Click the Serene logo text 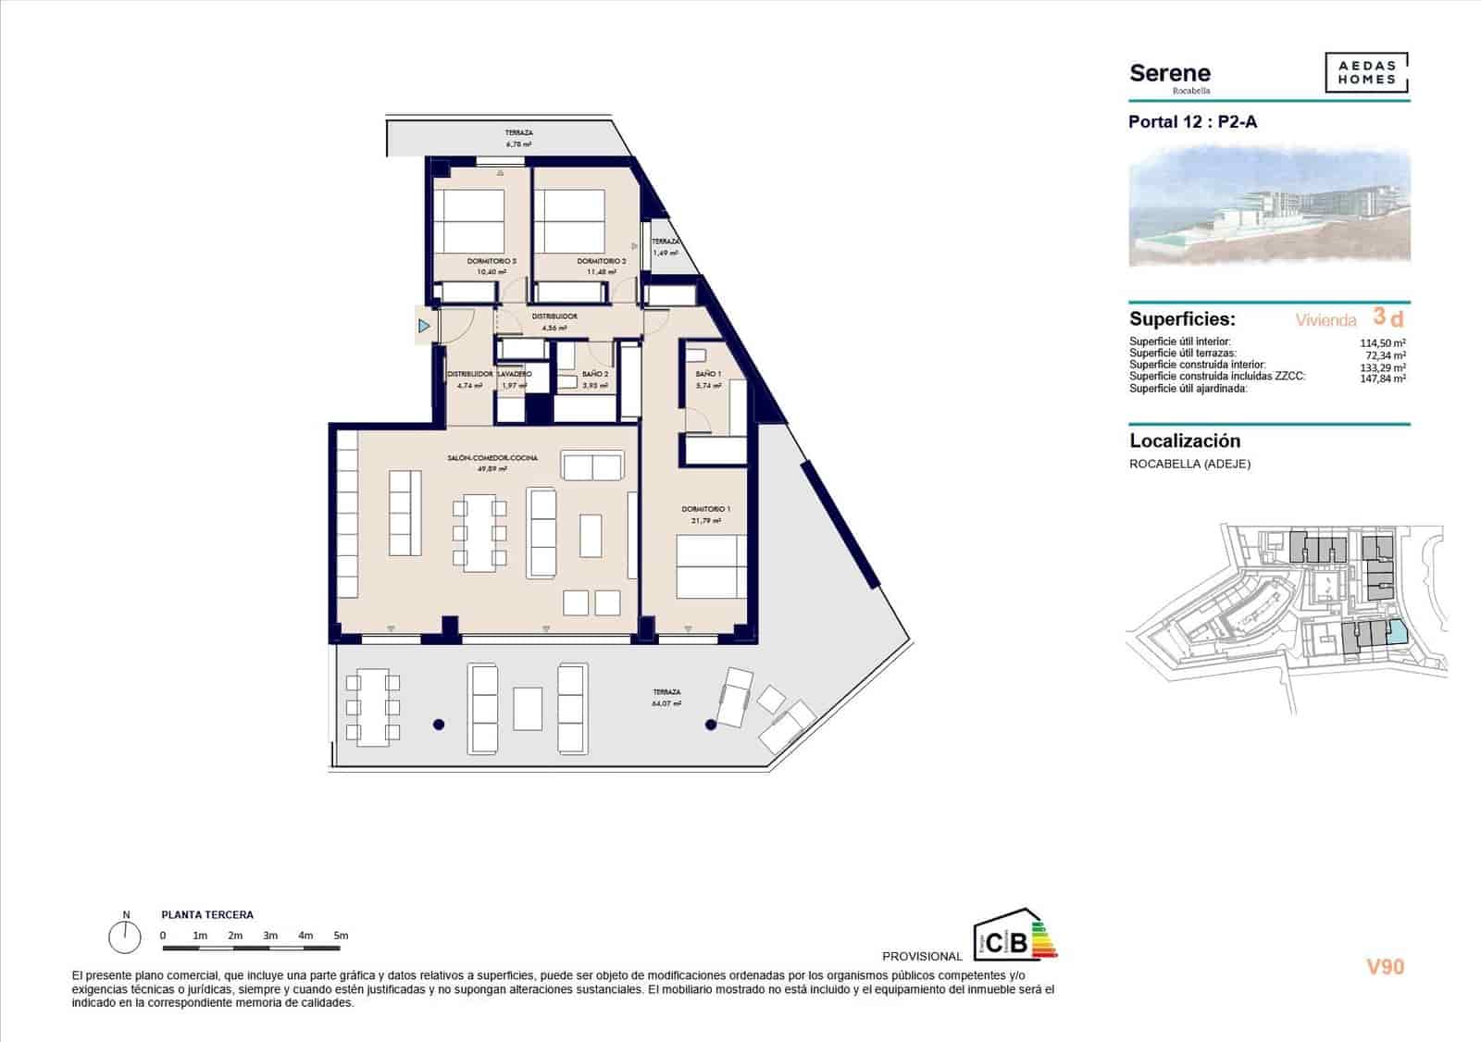tap(1170, 74)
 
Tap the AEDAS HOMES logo tap(1366, 73)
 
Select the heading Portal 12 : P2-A tap(1192, 122)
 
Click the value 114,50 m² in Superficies tap(1386, 342)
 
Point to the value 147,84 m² tap(1386, 378)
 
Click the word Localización tap(1185, 441)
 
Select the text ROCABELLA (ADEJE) tap(1189, 465)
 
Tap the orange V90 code tap(1385, 967)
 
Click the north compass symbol tap(124, 937)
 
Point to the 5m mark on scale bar tap(342, 936)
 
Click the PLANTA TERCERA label tap(207, 915)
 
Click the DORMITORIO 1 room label tap(706, 509)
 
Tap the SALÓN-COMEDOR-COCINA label tap(492, 458)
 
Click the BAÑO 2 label tap(595, 374)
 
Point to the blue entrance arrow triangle tap(424, 326)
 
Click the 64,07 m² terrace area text tap(666, 703)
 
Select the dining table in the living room tap(480, 532)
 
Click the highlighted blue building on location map tap(1397, 634)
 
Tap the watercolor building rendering tap(1268, 205)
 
